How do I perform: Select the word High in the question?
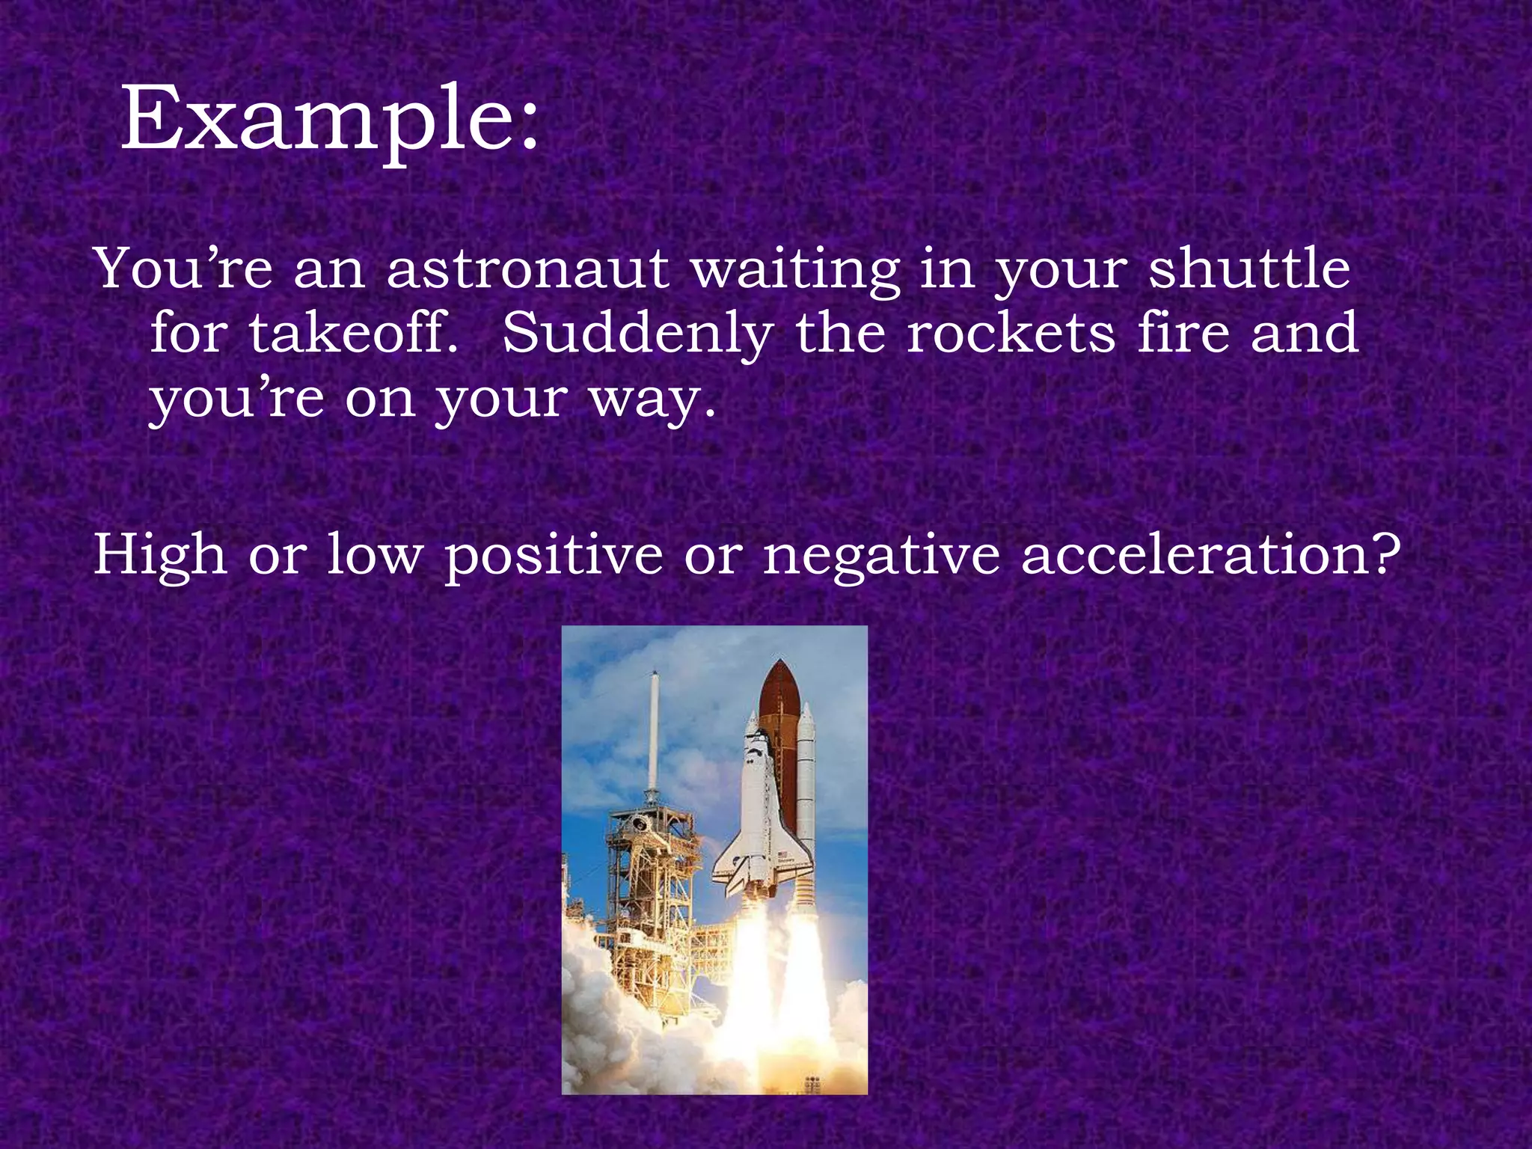[159, 555]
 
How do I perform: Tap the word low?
[374, 555]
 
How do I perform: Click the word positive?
[554, 555]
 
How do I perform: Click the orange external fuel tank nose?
[780, 688]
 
